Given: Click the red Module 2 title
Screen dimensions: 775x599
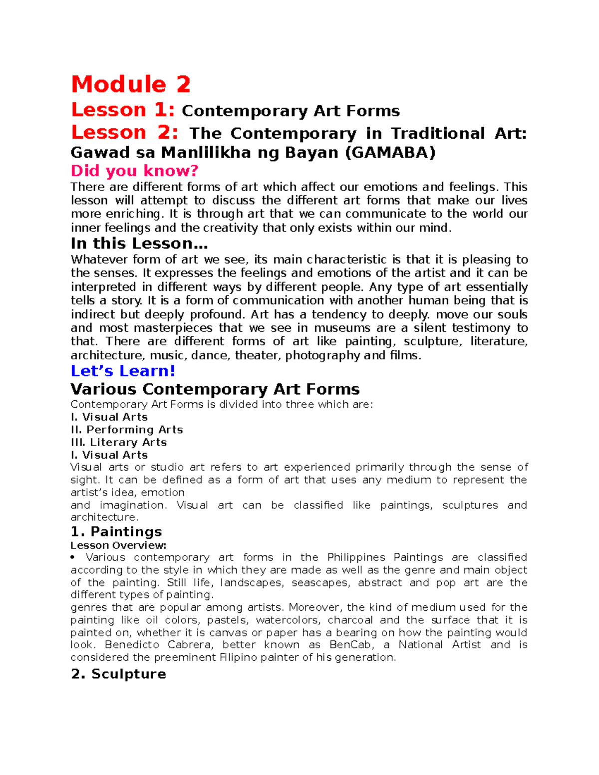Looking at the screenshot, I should coord(131,84).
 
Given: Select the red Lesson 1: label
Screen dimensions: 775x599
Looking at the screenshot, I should coord(123,110).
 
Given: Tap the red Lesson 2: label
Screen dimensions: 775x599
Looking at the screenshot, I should coord(124,132).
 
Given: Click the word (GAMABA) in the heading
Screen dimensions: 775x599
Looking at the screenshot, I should coord(390,152).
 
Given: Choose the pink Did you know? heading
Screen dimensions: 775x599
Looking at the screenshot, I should coord(134,171).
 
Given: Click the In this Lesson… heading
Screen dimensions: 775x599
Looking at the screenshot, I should coord(139,244).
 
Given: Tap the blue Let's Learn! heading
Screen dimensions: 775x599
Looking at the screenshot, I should coord(123,371).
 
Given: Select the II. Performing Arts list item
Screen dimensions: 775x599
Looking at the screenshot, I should coord(127,430).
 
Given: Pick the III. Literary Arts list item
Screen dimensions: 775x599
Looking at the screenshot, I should coord(119,442).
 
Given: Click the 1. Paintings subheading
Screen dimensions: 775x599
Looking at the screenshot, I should coord(116,531).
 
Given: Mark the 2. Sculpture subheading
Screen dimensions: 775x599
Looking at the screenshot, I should coord(118,674).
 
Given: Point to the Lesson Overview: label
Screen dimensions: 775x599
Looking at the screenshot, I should coord(118,545).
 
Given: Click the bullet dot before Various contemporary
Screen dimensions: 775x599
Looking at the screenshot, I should coord(73,557).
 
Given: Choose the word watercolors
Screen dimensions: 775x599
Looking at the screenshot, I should coord(288,620).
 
